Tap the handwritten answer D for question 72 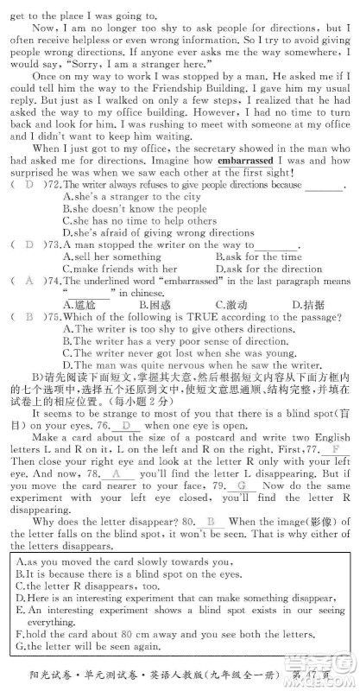(28, 186)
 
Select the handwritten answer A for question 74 (28, 281)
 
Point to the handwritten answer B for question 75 (28, 316)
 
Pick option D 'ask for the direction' (268, 269)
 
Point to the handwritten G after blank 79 (241, 485)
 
